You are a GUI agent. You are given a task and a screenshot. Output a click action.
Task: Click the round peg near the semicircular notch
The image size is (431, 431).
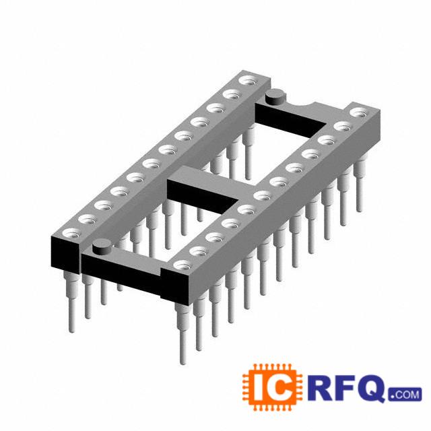pos(275,97)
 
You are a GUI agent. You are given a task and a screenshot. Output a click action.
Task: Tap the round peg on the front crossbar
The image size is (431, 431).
pos(102,247)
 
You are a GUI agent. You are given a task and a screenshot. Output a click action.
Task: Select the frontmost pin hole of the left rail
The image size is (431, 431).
pos(72,234)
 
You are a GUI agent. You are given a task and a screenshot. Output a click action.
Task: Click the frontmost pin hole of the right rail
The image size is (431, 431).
pos(183,265)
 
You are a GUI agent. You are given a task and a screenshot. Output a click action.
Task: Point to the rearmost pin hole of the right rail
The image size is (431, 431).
pos(360,112)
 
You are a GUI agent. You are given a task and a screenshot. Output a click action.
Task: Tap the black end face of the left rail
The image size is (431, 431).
pos(65,257)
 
